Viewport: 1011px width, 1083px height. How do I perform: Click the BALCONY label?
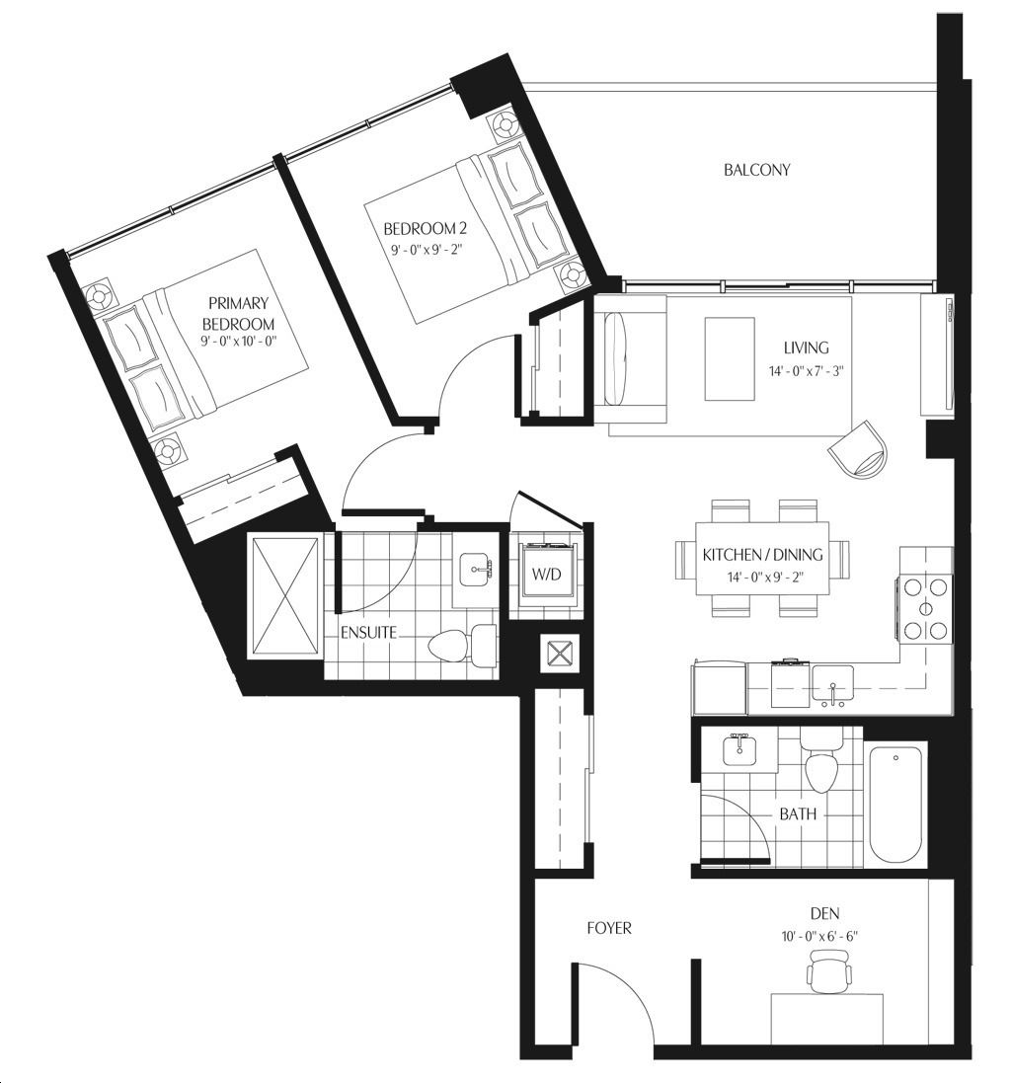(x=757, y=169)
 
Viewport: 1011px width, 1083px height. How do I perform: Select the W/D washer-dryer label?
(x=546, y=574)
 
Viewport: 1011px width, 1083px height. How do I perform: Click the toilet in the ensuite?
(x=462, y=646)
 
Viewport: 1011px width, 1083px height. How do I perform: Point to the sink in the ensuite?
(x=476, y=571)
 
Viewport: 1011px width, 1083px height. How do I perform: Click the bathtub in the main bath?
(x=896, y=802)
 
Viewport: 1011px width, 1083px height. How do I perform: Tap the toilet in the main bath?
(x=821, y=764)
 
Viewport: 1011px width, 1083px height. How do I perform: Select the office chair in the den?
(x=828, y=969)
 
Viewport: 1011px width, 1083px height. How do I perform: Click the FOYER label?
(x=609, y=928)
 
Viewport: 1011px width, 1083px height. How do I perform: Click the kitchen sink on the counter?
(x=833, y=686)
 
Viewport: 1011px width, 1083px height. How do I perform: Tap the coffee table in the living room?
(x=730, y=358)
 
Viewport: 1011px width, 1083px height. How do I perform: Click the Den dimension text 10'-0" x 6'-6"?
(x=819, y=937)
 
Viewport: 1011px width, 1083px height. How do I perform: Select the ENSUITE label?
(x=369, y=633)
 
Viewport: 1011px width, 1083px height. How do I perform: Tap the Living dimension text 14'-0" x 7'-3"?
(x=807, y=371)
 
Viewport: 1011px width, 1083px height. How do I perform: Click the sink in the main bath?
(x=739, y=750)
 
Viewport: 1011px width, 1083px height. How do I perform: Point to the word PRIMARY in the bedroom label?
(x=238, y=303)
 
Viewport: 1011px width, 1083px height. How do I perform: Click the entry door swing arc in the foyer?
(x=635, y=987)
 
